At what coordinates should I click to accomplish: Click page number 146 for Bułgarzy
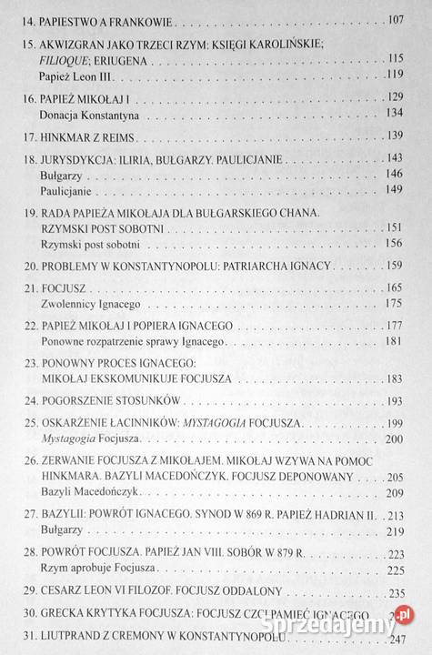(395, 174)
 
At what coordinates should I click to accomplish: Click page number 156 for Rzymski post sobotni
(395, 244)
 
